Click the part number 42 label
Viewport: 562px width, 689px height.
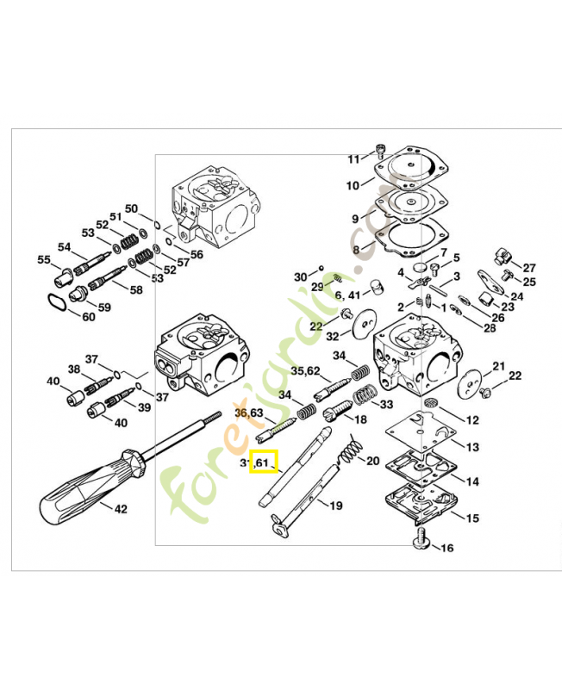[121, 509]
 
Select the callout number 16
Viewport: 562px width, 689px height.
[446, 548]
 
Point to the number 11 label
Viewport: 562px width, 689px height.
[353, 159]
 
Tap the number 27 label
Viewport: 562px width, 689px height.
[529, 268]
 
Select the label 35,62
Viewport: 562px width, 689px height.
[305, 372]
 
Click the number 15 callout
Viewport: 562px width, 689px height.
[471, 518]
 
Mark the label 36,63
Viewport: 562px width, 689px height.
[249, 413]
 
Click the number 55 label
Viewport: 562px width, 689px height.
[44, 259]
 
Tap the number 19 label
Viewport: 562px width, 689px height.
[336, 506]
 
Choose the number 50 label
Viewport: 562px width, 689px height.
[131, 208]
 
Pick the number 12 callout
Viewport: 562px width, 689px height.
[471, 420]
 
